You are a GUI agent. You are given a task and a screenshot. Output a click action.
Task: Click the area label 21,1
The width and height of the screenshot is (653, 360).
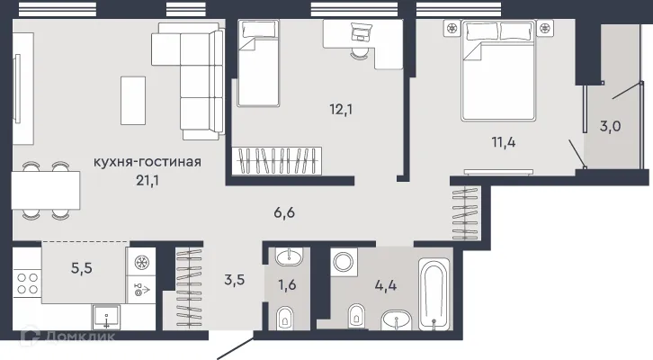click(x=148, y=180)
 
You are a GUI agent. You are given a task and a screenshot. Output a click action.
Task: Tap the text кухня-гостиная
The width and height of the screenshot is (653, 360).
click(x=147, y=162)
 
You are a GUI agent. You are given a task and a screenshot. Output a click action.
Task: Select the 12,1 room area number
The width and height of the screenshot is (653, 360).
click(x=341, y=110)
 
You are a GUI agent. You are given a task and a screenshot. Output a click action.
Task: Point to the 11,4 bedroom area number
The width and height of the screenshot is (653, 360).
click(x=504, y=142)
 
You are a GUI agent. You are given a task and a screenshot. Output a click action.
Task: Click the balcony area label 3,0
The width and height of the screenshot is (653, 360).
click(x=610, y=126)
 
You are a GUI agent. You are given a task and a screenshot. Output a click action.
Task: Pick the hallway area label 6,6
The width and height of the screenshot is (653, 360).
click(x=284, y=213)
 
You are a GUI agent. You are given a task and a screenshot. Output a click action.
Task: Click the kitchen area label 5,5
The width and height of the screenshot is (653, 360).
click(x=82, y=268)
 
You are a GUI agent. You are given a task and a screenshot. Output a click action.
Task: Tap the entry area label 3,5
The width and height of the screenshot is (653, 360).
click(x=235, y=280)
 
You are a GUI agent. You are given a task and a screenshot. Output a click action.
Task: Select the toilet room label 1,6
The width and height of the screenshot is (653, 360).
click(x=287, y=285)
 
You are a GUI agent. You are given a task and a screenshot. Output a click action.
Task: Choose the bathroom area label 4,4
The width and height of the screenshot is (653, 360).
click(x=386, y=286)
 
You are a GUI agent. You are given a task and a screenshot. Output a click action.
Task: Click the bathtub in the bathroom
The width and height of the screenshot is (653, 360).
click(x=434, y=293)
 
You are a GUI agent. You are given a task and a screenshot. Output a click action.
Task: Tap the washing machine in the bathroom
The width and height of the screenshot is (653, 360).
click(x=344, y=263)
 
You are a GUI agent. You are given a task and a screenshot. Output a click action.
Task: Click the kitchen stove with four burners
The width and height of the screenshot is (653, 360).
click(x=27, y=283)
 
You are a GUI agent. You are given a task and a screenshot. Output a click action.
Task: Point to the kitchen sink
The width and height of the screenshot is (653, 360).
click(x=106, y=318)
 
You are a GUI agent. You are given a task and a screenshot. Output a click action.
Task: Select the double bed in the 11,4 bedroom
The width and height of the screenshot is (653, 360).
click(x=497, y=71)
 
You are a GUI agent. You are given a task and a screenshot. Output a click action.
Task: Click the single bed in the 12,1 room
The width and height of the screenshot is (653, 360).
click(x=258, y=63)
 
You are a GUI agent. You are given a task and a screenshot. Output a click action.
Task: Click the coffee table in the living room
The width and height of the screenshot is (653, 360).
click(x=133, y=101)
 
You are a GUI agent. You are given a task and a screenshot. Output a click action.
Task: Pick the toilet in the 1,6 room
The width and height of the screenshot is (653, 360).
click(x=285, y=319)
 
